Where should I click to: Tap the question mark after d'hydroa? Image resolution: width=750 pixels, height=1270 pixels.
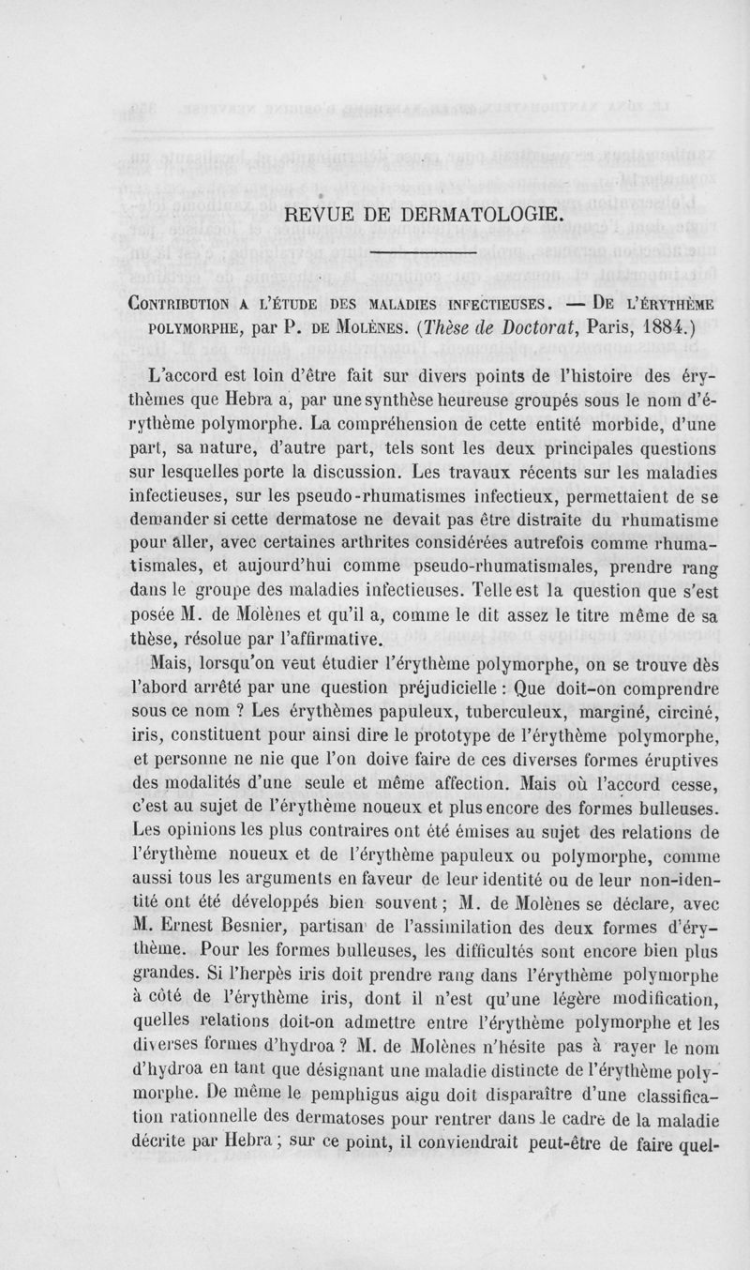[377, 1043]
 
